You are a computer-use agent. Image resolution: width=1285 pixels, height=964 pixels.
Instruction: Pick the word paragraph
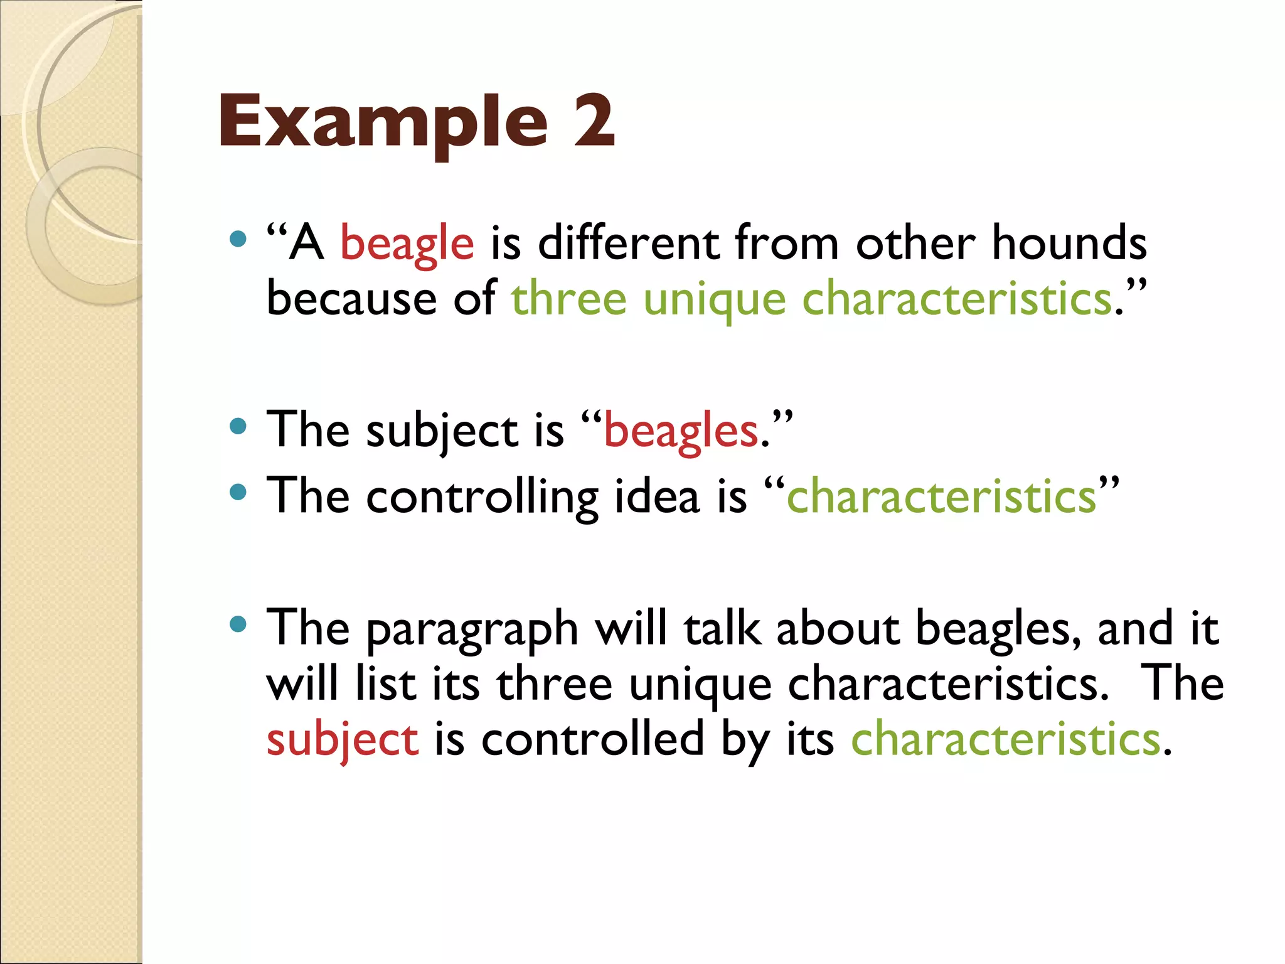(x=472, y=629)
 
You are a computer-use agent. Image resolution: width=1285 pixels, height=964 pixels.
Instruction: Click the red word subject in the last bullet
(x=342, y=740)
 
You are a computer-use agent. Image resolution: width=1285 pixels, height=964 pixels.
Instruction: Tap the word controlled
(x=593, y=739)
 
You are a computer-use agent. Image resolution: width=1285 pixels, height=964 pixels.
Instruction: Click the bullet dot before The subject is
(x=238, y=427)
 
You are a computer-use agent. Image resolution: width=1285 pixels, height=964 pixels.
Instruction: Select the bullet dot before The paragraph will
(x=238, y=624)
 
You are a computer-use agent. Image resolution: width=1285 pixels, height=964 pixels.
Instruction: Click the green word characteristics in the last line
(x=1005, y=739)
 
